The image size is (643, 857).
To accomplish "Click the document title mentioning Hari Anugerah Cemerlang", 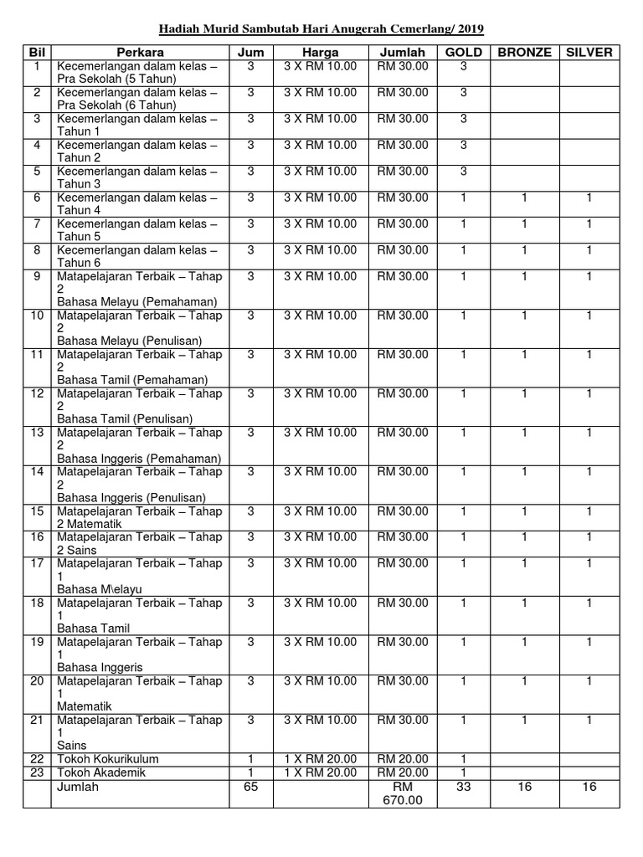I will tap(321, 29).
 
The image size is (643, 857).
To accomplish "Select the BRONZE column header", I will tap(524, 52).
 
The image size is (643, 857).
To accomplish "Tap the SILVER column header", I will tap(589, 52).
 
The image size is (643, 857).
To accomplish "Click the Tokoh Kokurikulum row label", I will tap(108, 759).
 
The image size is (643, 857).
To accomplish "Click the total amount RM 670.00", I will tap(402, 793).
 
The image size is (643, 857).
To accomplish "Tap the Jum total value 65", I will tap(250, 787).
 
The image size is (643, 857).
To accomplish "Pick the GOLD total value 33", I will tap(463, 787).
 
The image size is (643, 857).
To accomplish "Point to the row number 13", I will tap(37, 433).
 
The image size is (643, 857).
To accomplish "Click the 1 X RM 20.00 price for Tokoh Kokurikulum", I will tap(320, 759).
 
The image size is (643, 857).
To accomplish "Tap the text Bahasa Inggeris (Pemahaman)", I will tap(139, 459).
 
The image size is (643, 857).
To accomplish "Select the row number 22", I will tap(37, 759).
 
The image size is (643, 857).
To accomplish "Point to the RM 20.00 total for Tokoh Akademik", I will tap(402, 772).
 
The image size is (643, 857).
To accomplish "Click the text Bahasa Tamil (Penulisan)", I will tap(125, 418).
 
